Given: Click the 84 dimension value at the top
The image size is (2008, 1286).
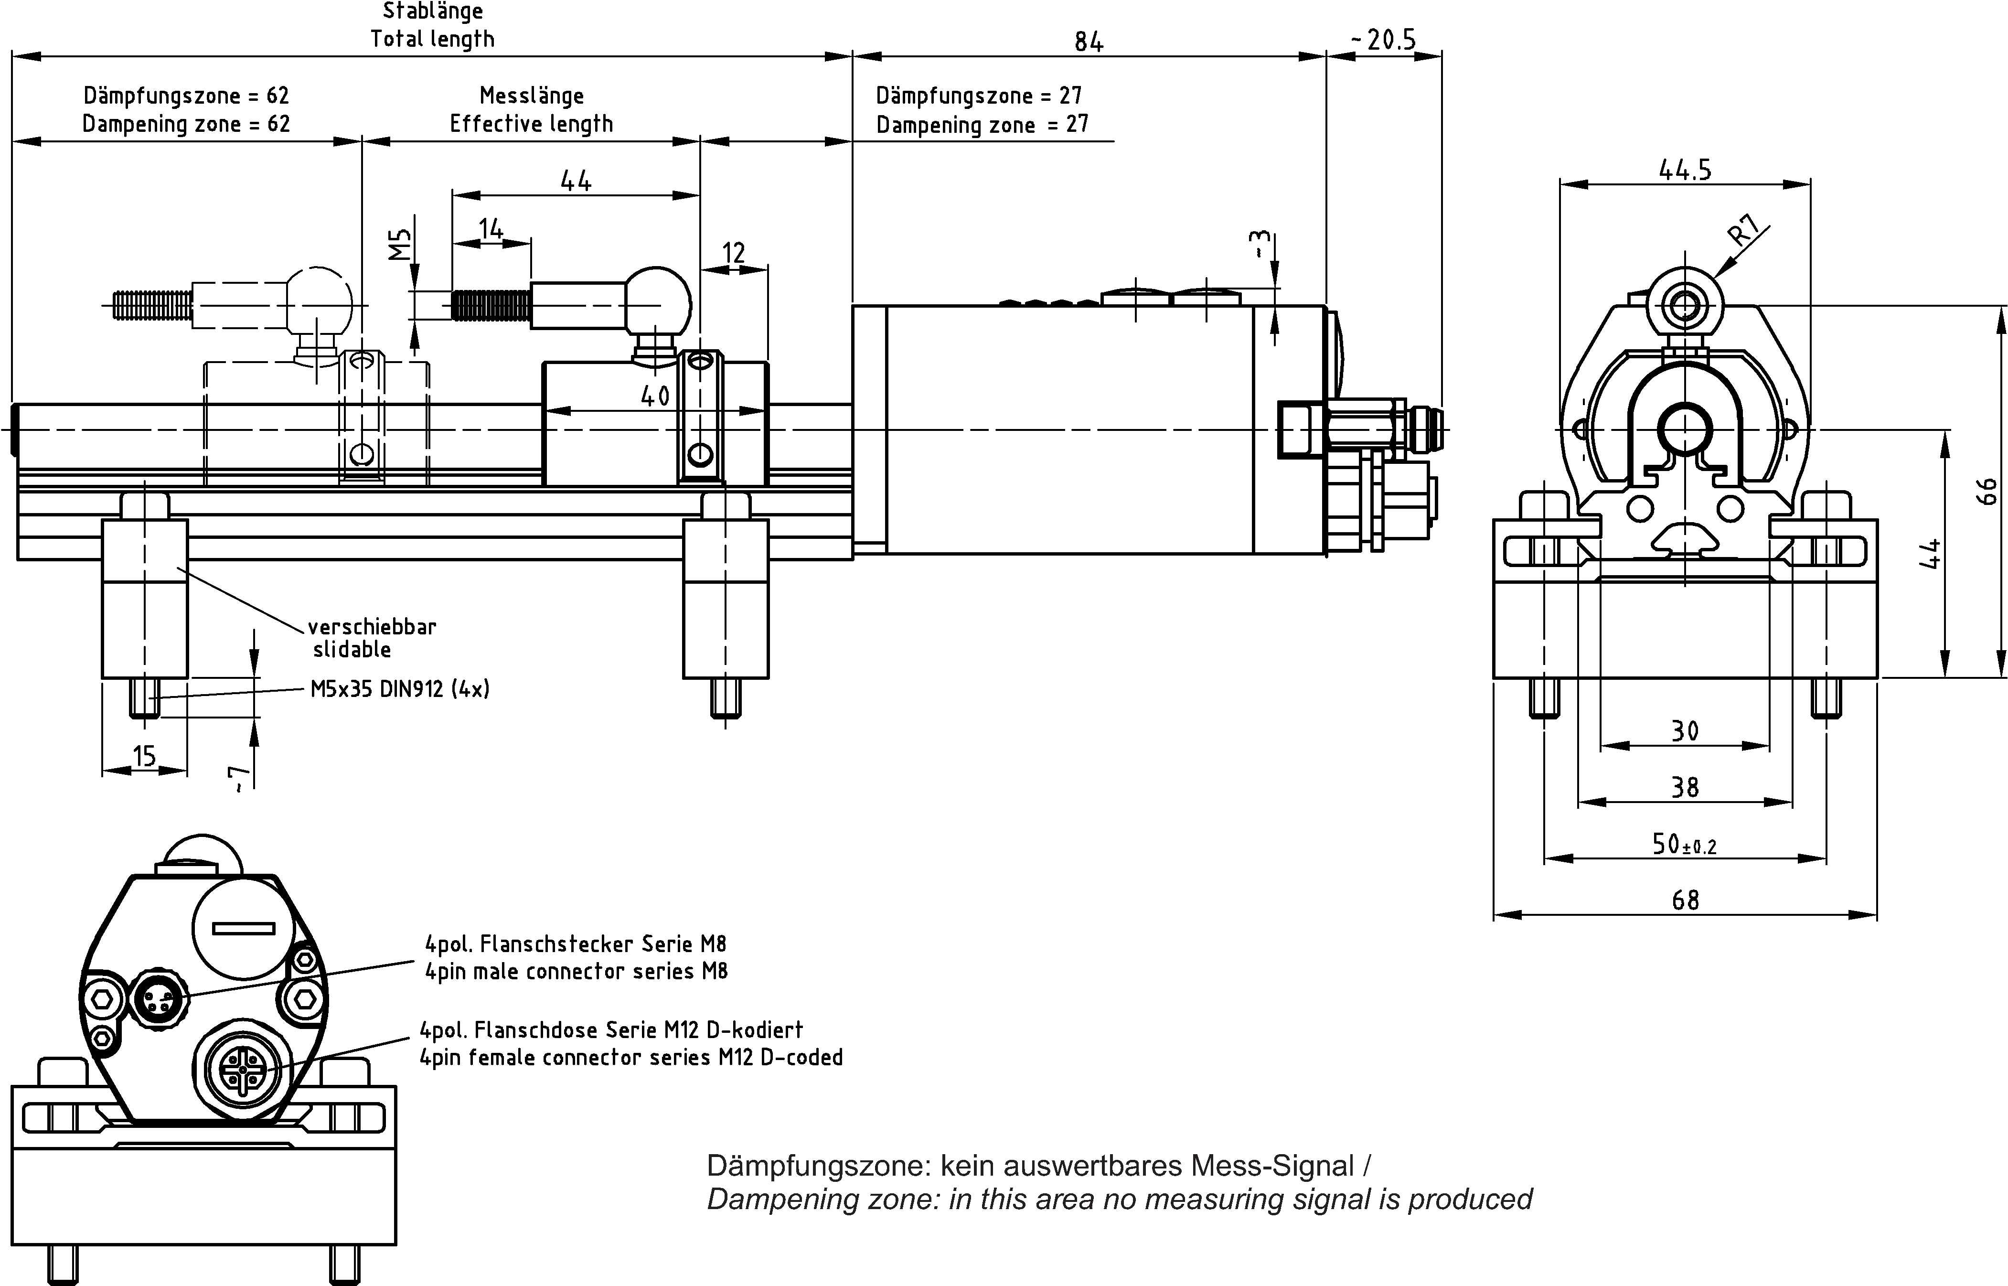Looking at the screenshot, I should click(1089, 41).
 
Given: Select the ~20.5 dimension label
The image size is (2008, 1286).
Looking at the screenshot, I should click(1383, 39).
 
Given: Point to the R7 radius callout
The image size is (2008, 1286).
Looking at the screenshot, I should click(1744, 230).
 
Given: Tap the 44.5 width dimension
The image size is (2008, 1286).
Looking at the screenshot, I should click(1685, 170).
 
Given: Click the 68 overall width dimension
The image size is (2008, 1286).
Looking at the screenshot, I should click(1685, 900).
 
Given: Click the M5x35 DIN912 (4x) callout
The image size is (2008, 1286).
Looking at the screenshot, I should click(400, 689).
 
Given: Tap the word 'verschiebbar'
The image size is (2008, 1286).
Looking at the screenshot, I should click(373, 626).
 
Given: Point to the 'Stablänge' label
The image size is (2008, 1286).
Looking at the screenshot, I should click(432, 11).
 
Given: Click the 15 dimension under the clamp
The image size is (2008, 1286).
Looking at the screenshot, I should click(144, 756).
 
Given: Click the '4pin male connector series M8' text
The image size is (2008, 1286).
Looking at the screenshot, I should click(576, 971).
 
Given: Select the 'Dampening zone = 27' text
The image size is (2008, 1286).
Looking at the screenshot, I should click(982, 124).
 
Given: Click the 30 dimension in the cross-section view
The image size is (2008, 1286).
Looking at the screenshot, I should click(1685, 731).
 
